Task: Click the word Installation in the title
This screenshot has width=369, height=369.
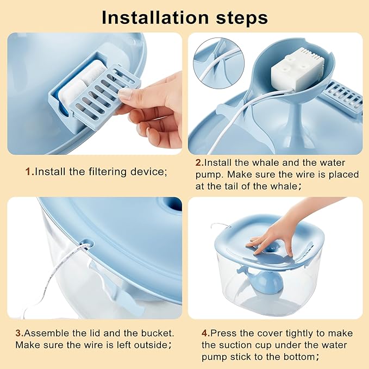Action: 155,17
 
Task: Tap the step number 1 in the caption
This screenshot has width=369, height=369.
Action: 29,172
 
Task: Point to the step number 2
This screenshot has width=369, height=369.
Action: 199,162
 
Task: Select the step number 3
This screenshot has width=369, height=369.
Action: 20,333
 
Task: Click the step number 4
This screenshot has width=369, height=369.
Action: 205,333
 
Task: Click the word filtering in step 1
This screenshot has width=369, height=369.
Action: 108,172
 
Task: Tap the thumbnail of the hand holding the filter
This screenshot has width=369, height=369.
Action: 95,93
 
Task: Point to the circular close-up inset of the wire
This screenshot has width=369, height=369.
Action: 218,63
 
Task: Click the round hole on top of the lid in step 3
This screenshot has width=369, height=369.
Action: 172,204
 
